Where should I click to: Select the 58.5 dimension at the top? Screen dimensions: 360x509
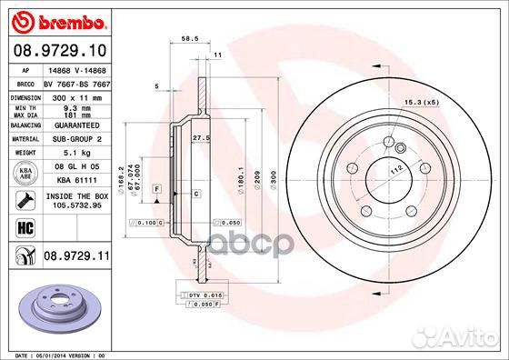coord(190,39)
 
